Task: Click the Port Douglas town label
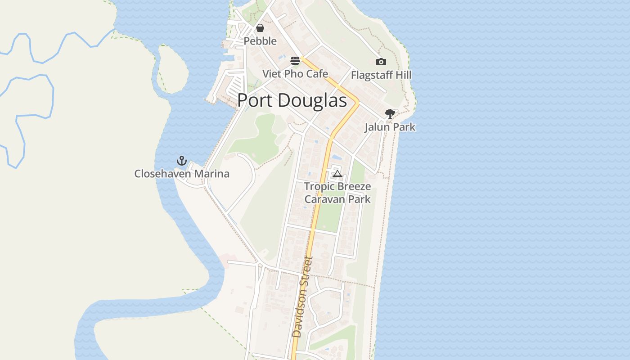(292, 100)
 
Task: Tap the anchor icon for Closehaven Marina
(181, 161)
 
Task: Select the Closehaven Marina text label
(182, 173)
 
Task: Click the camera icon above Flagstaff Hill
(381, 62)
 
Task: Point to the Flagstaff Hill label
(381, 75)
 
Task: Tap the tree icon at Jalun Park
(390, 114)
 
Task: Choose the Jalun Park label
(390, 127)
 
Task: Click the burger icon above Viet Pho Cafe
(295, 61)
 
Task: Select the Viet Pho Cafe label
(295, 73)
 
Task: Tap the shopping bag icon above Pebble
(260, 28)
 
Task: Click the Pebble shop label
(260, 41)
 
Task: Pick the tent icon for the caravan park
(337, 173)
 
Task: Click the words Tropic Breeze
(337, 186)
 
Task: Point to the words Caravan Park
(337, 199)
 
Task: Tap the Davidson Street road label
(302, 297)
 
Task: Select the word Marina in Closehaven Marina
(212, 173)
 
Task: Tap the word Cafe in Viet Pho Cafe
(318, 73)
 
